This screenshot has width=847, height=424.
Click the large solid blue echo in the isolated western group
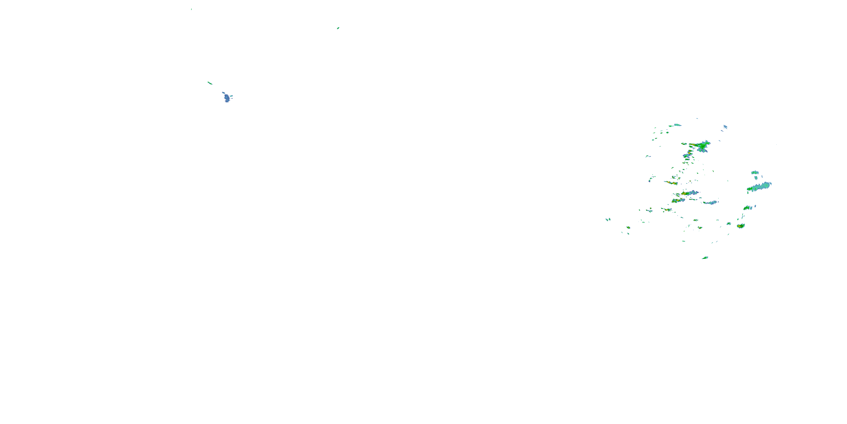click(227, 98)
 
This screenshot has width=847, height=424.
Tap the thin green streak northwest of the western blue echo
click(209, 83)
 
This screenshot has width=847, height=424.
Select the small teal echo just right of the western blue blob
click(231, 96)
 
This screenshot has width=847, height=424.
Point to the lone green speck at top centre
click(338, 28)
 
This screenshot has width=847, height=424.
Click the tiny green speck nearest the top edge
click(191, 9)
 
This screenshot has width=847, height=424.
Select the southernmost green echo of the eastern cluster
click(705, 258)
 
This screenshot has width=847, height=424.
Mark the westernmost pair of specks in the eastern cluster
click(608, 219)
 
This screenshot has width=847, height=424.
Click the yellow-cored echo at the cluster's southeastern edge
click(740, 226)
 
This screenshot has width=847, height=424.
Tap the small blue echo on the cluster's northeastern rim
click(725, 127)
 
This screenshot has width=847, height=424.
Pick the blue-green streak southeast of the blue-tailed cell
click(711, 202)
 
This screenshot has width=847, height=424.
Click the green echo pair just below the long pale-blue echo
click(748, 208)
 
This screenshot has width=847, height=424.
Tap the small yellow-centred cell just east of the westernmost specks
click(628, 228)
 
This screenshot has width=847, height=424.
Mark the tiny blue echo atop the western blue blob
click(223, 93)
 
